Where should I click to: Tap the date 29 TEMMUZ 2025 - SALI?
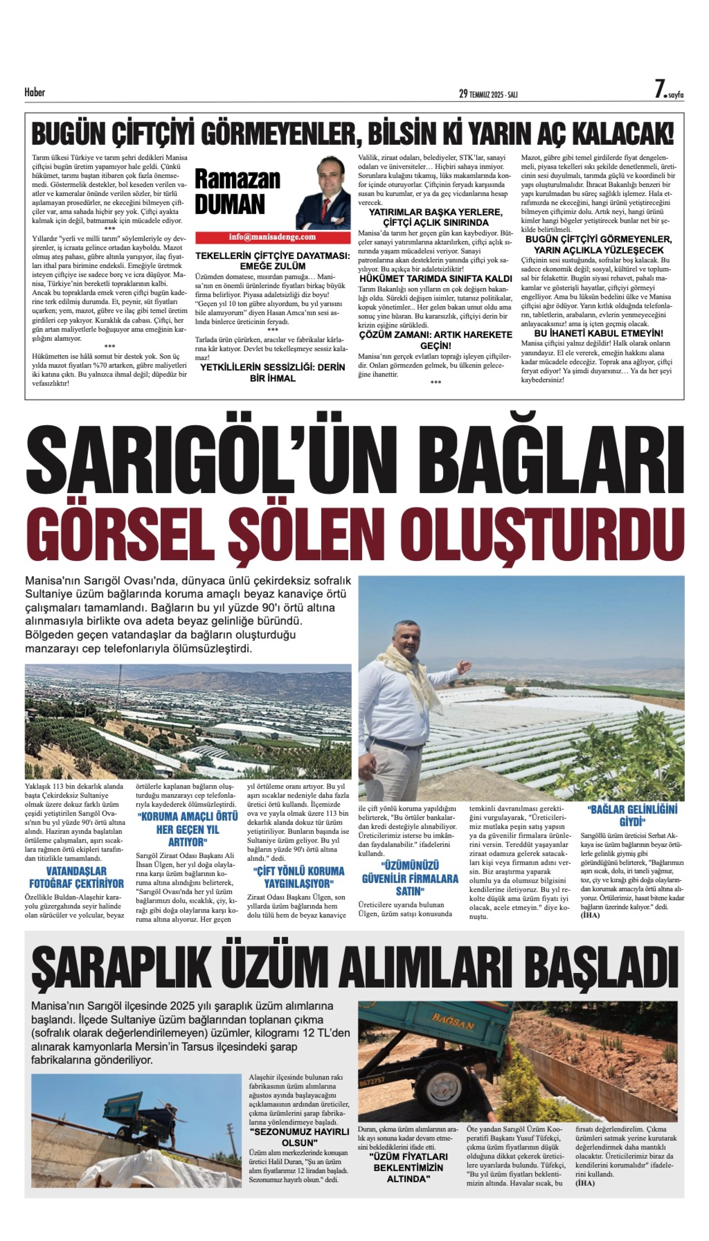tap(488, 94)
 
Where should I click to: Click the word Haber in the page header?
tap(35, 92)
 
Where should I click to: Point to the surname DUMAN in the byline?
tap(230, 204)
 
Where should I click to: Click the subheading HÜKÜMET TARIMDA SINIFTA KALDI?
tap(435, 278)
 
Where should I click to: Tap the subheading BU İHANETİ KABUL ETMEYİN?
tap(599, 333)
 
